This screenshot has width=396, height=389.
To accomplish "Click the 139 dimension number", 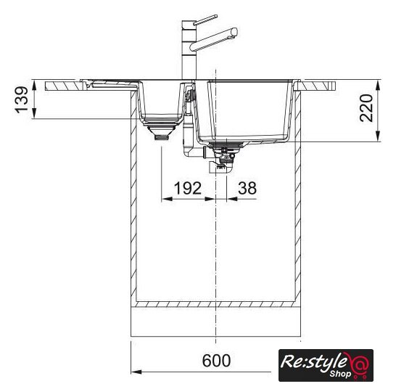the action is pyautogui.click(x=22, y=99).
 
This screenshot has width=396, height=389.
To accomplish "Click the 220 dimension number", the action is pyautogui.click(x=366, y=108).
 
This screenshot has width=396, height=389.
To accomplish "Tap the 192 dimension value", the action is pyautogui.click(x=188, y=188).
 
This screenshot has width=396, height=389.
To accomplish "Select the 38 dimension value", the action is pyautogui.click(x=247, y=188).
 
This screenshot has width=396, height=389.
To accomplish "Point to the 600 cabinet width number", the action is pyautogui.click(x=216, y=361).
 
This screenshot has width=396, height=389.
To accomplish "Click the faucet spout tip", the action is pyautogui.click(x=235, y=32).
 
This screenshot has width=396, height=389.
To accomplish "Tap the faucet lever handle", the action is pyautogui.click(x=205, y=20).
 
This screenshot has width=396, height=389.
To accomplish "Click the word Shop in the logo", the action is pyautogui.click(x=340, y=374).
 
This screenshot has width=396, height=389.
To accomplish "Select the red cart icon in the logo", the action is pyautogui.click(x=359, y=366).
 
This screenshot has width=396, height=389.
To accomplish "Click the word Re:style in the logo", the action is pyautogui.click(x=313, y=362).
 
